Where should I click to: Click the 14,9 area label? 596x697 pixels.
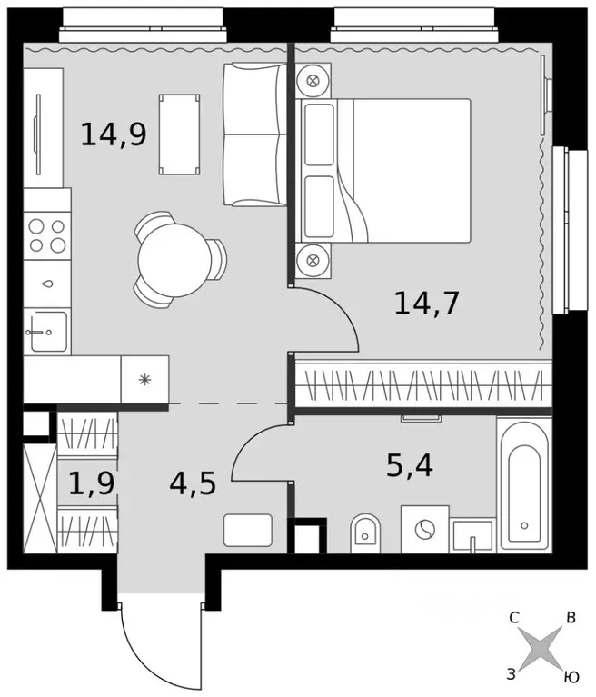(x=114, y=134)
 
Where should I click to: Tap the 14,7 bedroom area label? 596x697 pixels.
(x=426, y=301)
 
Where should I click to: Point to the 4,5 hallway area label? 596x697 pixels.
(x=192, y=483)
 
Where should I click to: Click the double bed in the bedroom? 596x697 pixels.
(x=400, y=170)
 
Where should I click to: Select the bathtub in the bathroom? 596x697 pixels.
(x=524, y=486)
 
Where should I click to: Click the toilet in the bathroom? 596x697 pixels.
(x=365, y=533)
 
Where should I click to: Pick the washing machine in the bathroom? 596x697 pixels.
(x=424, y=534)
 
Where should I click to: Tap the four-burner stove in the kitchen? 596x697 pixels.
(x=46, y=233)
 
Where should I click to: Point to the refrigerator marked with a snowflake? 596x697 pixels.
(x=144, y=379)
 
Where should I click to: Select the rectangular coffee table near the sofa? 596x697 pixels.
(x=179, y=134)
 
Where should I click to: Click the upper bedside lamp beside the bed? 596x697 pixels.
(x=313, y=80)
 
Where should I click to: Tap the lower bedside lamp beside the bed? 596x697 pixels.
(x=313, y=260)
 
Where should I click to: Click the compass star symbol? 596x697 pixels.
(x=541, y=649)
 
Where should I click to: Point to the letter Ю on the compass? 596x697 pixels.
(x=571, y=676)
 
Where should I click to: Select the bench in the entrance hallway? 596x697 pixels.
(x=247, y=530)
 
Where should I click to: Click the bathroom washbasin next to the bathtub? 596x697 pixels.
(x=472, y=535)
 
